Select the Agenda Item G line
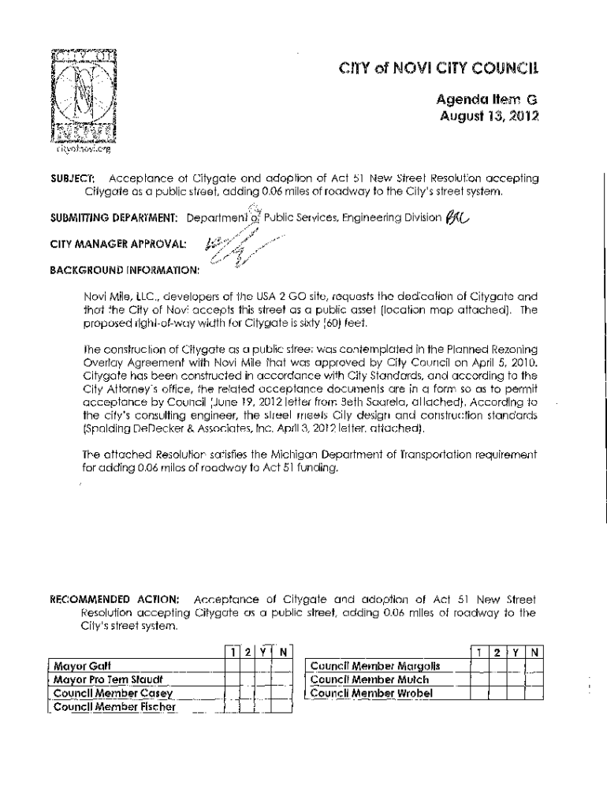point(486,100)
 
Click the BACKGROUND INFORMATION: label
point(125,270)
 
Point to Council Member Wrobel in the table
point(371,694)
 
